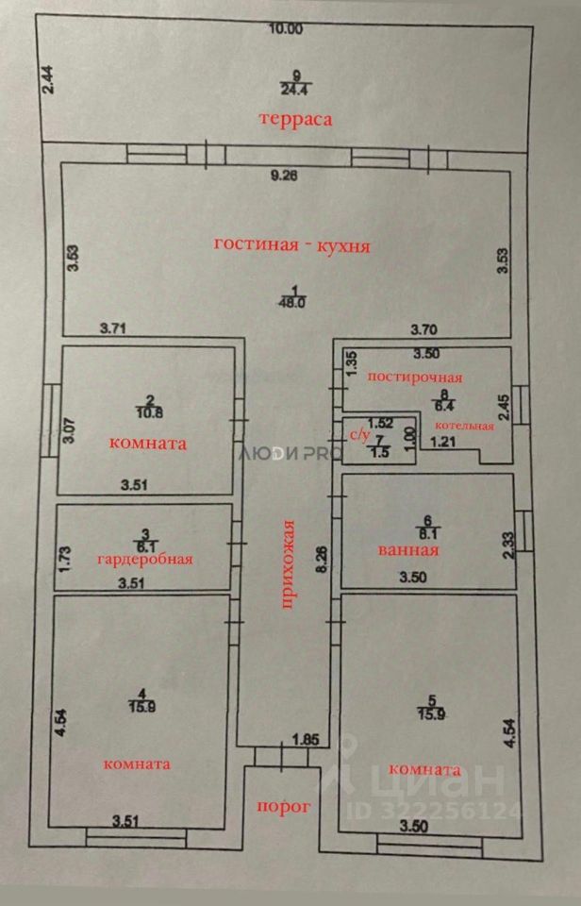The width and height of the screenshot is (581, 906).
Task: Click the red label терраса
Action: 298,120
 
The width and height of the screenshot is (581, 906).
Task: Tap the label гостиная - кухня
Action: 291,245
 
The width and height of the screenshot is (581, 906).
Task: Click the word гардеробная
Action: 145,559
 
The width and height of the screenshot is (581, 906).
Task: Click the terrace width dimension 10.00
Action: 286,29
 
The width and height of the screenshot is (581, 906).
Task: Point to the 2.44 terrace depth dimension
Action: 48,75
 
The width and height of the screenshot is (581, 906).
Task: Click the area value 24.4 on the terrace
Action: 296,90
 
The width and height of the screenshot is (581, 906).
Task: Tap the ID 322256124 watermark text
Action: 446,811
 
